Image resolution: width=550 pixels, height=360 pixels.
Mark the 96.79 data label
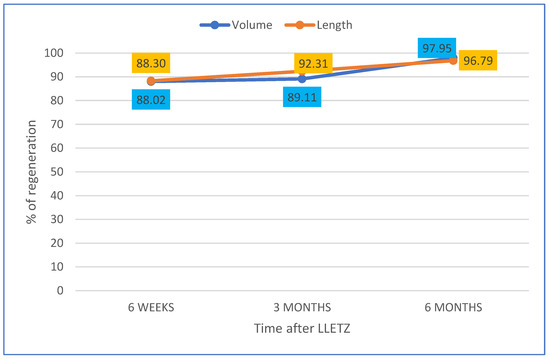(x=485, y=61)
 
